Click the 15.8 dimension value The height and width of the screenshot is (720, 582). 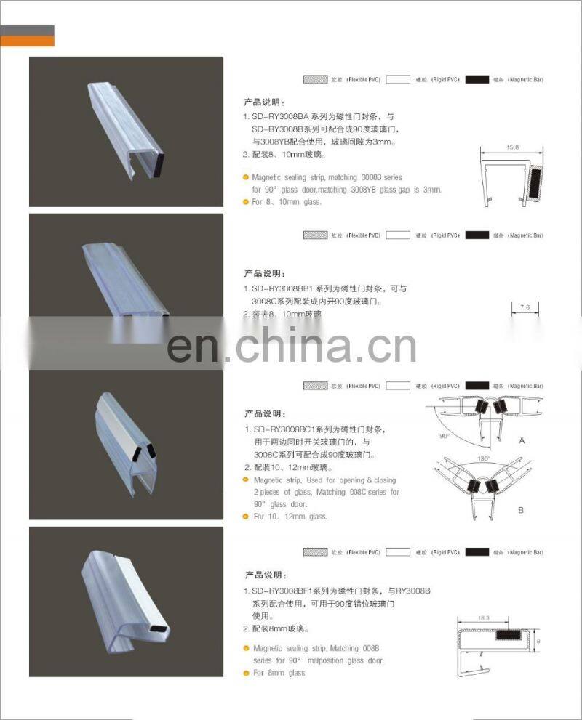coord(512,147)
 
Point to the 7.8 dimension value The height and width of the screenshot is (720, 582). coord(525,307)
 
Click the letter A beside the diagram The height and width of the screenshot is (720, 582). coord(521,441)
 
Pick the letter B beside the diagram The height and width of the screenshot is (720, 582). coord(520,510)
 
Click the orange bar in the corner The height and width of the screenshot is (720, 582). coord(27,41)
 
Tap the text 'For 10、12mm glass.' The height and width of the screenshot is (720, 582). coord(290,517)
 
